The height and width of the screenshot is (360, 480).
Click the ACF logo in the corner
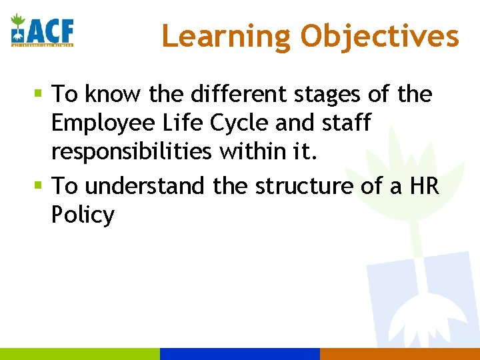[41, 31]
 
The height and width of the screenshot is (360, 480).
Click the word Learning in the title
[227, 36]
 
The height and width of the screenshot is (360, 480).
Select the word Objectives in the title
[379, 36]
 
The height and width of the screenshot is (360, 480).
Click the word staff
[345, 123]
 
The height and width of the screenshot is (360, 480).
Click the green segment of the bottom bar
[80, 354]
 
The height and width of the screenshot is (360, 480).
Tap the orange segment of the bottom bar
[400, 354]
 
